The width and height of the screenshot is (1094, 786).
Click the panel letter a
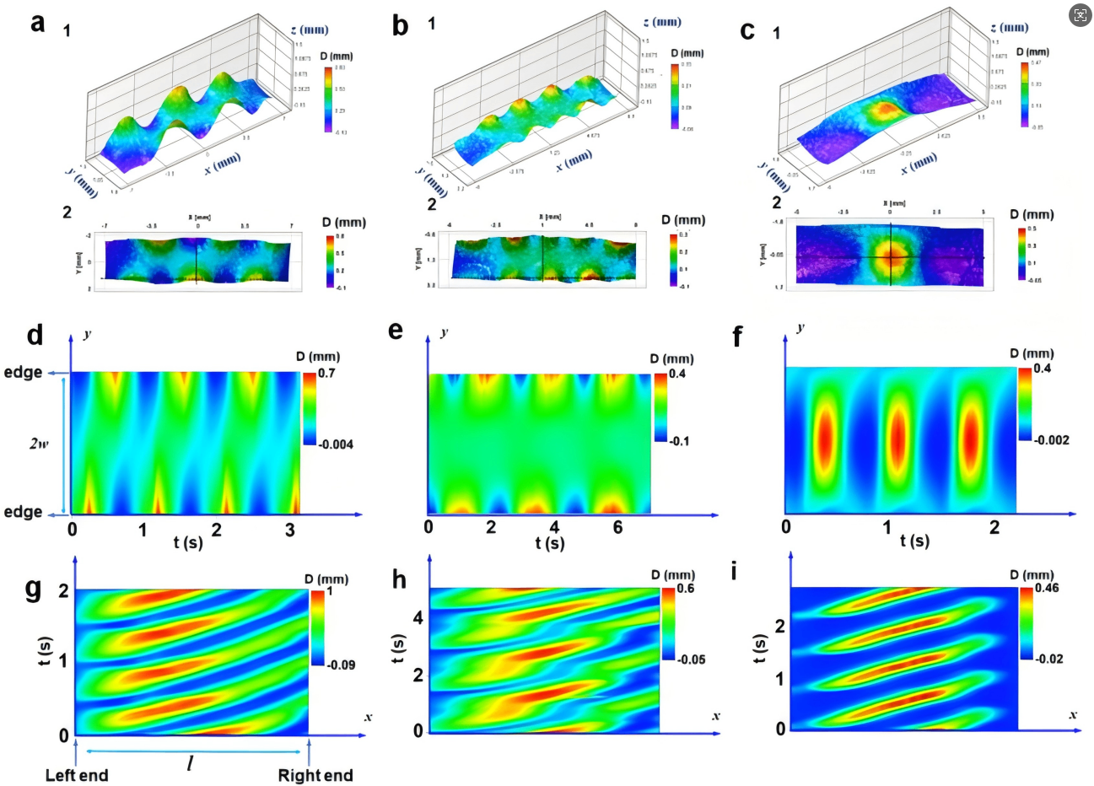(37, 23)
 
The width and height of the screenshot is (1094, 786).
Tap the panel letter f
(738, 336)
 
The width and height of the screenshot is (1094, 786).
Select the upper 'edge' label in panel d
(23, 373)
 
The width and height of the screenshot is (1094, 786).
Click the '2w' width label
(38, 443)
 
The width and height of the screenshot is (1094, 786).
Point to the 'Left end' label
(77, 775)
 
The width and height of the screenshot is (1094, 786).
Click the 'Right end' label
(315, 775)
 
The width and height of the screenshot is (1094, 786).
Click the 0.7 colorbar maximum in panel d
(326, 373)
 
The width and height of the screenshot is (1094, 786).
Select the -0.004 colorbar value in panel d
(337, 444)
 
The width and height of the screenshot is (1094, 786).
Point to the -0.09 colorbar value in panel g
(341, 665)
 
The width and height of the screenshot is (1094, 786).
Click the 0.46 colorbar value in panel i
(1048, 588)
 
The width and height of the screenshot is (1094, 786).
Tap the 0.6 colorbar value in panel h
(685, 588)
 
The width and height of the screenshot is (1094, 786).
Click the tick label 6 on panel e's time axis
(618, 527)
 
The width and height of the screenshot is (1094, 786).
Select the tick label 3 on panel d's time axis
(290, 530)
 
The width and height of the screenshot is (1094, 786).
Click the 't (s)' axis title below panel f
(914, 540)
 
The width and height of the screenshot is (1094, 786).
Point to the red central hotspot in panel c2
(891, 256)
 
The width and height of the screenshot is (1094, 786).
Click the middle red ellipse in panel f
(897, 439)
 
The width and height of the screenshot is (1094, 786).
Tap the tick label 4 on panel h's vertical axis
(417, 617)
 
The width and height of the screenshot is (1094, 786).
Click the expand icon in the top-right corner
(1080, 15)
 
